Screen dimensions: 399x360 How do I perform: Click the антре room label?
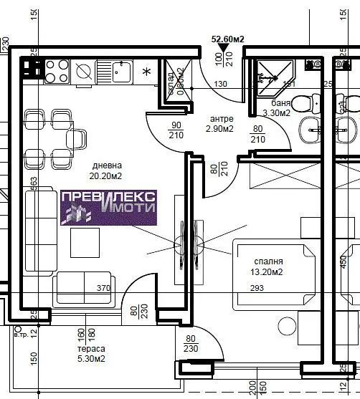(222, 119)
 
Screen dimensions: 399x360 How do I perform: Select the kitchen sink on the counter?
(119, 71)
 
